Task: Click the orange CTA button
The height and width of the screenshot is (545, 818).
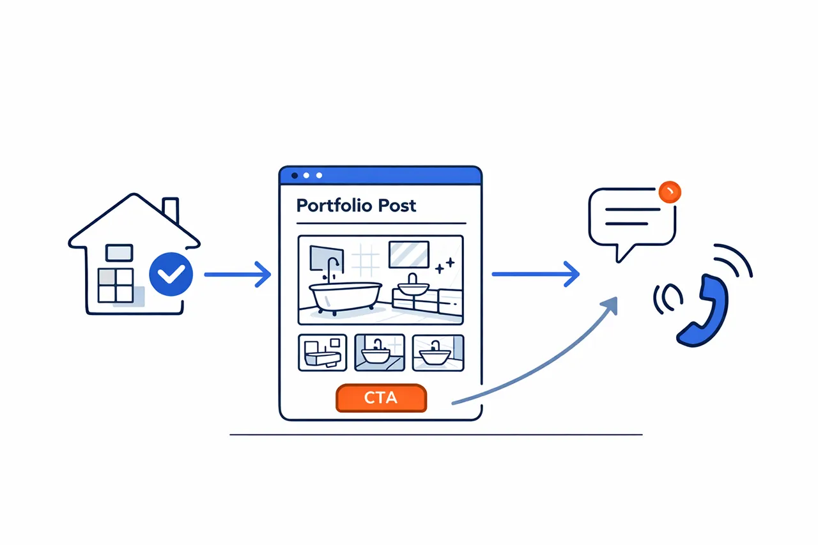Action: tap(381, 398)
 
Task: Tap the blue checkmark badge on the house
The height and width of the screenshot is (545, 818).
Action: tap(170, 274)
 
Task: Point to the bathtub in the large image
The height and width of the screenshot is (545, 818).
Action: tap(346, 296)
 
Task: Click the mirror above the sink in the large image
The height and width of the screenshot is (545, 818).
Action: tap(409, 254)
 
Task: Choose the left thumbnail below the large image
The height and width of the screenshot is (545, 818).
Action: tap(322, 353)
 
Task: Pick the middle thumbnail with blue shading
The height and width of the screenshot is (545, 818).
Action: tap(380, 353)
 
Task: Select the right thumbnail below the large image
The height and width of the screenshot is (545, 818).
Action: tap(438, 353)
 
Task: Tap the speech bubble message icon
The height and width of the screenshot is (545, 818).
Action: tap(631, 217)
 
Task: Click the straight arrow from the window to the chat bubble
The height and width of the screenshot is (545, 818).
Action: tap(536, 275)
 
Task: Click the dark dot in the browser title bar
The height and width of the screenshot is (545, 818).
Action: tap(295, 175)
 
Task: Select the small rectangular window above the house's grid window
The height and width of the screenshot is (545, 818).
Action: tap(120, 253)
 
